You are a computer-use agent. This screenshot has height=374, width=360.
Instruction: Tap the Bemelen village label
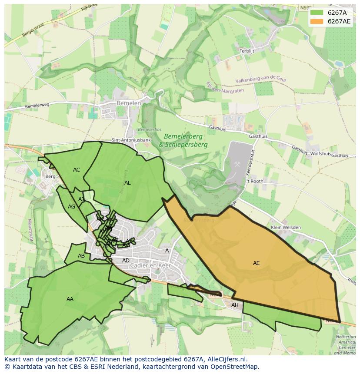click(x=129, y=103)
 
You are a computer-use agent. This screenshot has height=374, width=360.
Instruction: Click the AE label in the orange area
click(x=257, y=263)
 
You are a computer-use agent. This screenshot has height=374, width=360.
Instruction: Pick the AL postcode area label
click(x=127, y=183)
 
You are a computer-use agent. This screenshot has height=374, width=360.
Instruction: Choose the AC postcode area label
click(x=77, y=170)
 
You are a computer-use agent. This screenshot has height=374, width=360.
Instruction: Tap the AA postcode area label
click(x=70, y=299)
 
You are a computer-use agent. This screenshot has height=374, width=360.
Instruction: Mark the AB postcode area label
click(x=81, y=256)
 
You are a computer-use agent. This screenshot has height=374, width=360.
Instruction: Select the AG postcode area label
click(x=72, y=207)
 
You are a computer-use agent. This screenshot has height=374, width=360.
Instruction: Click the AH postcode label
click(x=235, y=305)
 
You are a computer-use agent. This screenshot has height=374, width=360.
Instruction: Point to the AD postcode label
click(x=126, y=261)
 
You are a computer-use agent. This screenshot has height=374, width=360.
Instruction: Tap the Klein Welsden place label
click(x=286, y=227)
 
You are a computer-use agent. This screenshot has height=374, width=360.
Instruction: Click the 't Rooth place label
click(x=255, y=181)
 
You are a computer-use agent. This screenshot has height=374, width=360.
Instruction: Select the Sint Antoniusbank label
click(x=131, y=140)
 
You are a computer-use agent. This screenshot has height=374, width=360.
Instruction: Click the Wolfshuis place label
click(x=321, y=153)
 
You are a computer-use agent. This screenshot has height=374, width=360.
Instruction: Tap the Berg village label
click(x=50, y=176)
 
